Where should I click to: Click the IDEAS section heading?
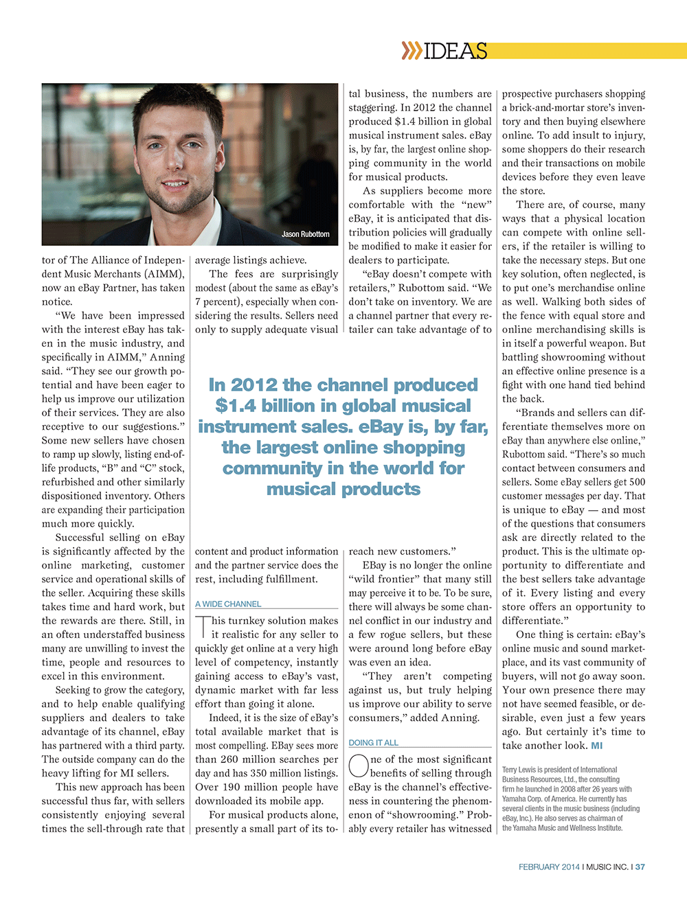(455, 51)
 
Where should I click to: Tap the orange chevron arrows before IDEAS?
(411, 51)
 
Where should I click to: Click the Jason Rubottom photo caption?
(305, 234)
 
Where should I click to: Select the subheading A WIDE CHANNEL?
(228, 604)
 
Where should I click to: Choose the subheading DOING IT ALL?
(373, 742)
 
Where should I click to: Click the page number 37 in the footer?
(640, 867)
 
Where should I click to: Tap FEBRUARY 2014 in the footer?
(549, 867)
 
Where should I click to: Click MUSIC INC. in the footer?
(607, 867)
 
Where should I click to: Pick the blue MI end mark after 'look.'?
(596, 746)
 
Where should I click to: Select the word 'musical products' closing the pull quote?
(343, 489)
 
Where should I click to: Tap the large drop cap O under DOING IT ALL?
(359, 766)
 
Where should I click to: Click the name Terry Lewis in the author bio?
(519, 770)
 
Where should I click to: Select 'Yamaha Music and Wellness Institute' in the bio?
(562, 827)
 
